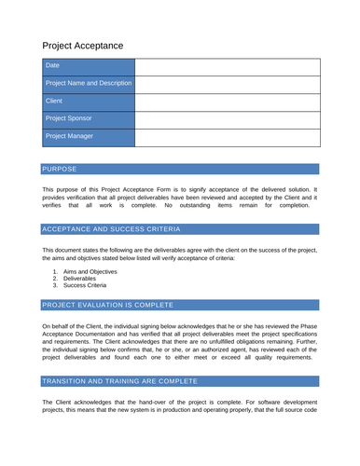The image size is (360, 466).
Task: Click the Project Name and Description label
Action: (89, 84)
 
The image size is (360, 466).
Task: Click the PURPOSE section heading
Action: (61, 170)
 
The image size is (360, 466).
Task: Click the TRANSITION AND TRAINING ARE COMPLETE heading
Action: (119, 381)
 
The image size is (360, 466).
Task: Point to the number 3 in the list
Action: (55, 287)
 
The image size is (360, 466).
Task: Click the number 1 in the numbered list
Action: (55, 270)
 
